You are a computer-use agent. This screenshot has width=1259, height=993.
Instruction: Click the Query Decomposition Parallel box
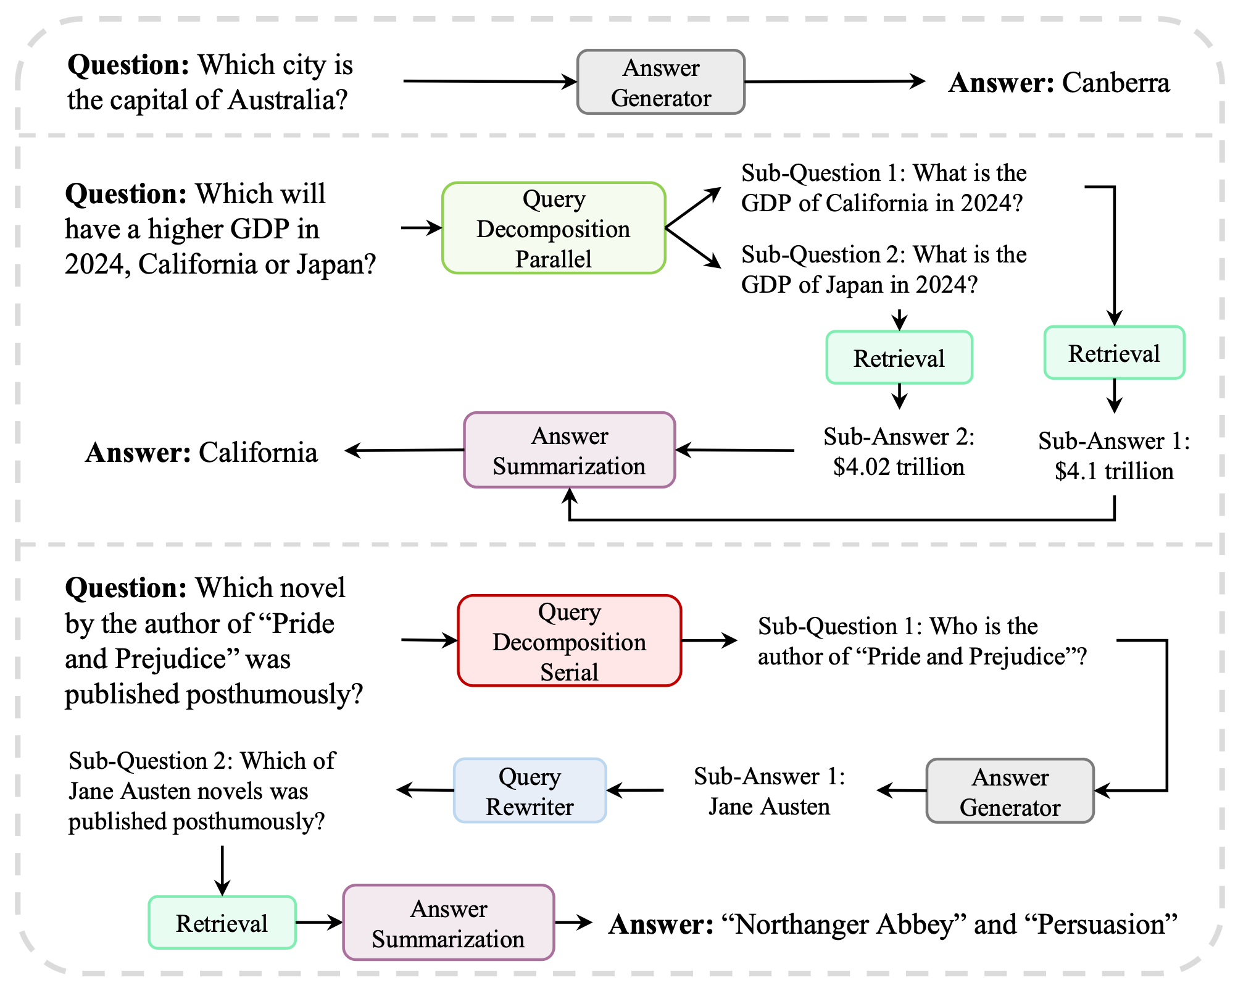(x=554, y=228)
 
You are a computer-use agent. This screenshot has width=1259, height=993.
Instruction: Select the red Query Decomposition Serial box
(x=569, y=641)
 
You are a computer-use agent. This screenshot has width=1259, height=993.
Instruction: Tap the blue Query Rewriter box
(x=530, y=791)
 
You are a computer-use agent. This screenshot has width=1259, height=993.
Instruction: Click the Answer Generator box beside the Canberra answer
(x=661, y=82)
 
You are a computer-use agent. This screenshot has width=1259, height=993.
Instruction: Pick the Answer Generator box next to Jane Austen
(x=1010, y=792)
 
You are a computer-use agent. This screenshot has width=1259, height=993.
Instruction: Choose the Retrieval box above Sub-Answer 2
(x=899, y=358)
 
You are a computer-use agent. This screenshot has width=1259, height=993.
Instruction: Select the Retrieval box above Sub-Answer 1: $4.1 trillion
(x=1114, y=353)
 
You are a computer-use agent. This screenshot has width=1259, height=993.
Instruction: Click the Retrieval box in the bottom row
(x=222, y=923)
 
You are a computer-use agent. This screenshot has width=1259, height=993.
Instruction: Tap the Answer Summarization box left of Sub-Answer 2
(x=569, y=451)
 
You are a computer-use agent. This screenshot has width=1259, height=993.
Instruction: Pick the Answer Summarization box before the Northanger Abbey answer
(x=449, y=923)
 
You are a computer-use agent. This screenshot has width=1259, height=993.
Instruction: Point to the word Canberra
(x=1115, y=83)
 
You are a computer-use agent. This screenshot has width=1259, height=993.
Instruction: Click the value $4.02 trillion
(x=899, y=467)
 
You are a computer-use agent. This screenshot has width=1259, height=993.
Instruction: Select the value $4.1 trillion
(x=1114, y=472)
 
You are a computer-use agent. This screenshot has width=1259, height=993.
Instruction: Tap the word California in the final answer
(x=258, y=453)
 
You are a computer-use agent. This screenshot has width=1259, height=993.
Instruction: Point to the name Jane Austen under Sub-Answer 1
(x=769, y=807)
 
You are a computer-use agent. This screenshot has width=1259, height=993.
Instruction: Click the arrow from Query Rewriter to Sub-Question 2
(x=426, y=790)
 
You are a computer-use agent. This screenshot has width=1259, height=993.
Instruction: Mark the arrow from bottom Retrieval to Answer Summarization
(x=319, y=923)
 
